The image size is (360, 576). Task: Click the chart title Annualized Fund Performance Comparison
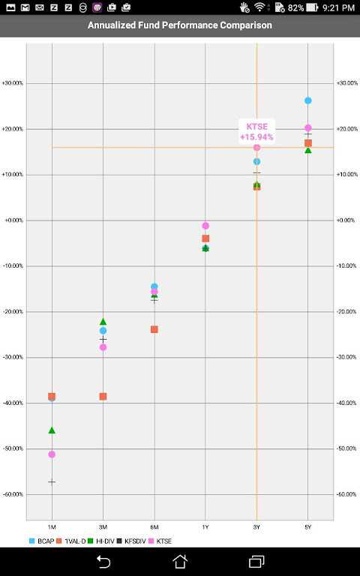[180, 25]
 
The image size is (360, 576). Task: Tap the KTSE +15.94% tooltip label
[256, 132]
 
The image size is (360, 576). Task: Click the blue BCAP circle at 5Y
[308, 100]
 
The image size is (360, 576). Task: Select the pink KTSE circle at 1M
[52, 454]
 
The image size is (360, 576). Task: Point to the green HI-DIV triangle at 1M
[52, 430]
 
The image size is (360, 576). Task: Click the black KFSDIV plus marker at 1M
[52, 481]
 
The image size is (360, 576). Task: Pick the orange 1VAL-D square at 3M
[103, 396]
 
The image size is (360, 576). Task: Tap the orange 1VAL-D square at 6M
[154, 329]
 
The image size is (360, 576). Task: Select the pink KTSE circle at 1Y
[205, 226]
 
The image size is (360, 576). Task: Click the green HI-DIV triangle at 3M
[103, 322]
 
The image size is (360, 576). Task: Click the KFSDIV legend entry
[132, 541]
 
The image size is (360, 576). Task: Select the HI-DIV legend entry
[99, 541]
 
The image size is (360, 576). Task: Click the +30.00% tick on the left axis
[12, 83]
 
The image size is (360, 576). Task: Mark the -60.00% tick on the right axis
[346, 495]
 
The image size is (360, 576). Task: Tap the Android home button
[180, 562]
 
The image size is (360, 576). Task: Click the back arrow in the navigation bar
[103, 562]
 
